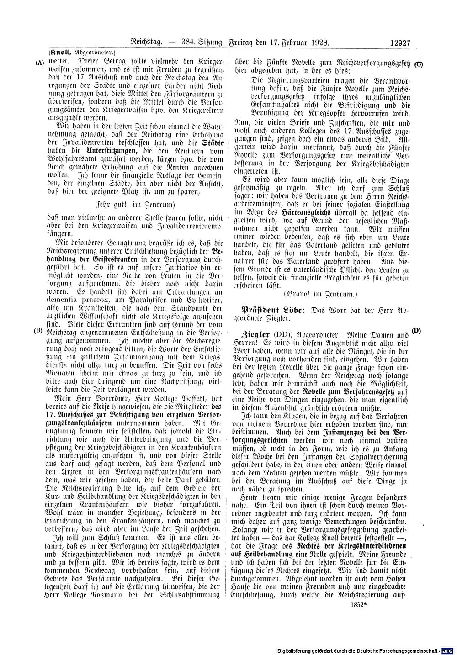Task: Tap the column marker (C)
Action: click(419, 64)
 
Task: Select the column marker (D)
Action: click(415, 330)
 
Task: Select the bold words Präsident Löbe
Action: click(273, 309)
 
